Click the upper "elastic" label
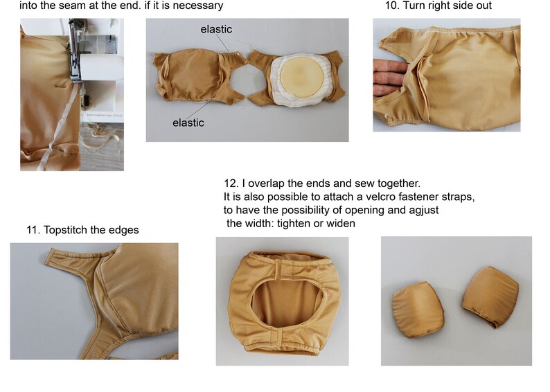(x=216, y=29)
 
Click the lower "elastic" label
(x=188, y=123)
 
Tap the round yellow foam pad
(x=296, y=77)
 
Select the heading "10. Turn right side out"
(x=438, y=6)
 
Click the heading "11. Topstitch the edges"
(x=82, y=229)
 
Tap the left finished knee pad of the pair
(x=418, y=311)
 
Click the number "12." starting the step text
(x=231, y=184)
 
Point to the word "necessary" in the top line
(x=199, y=6)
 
